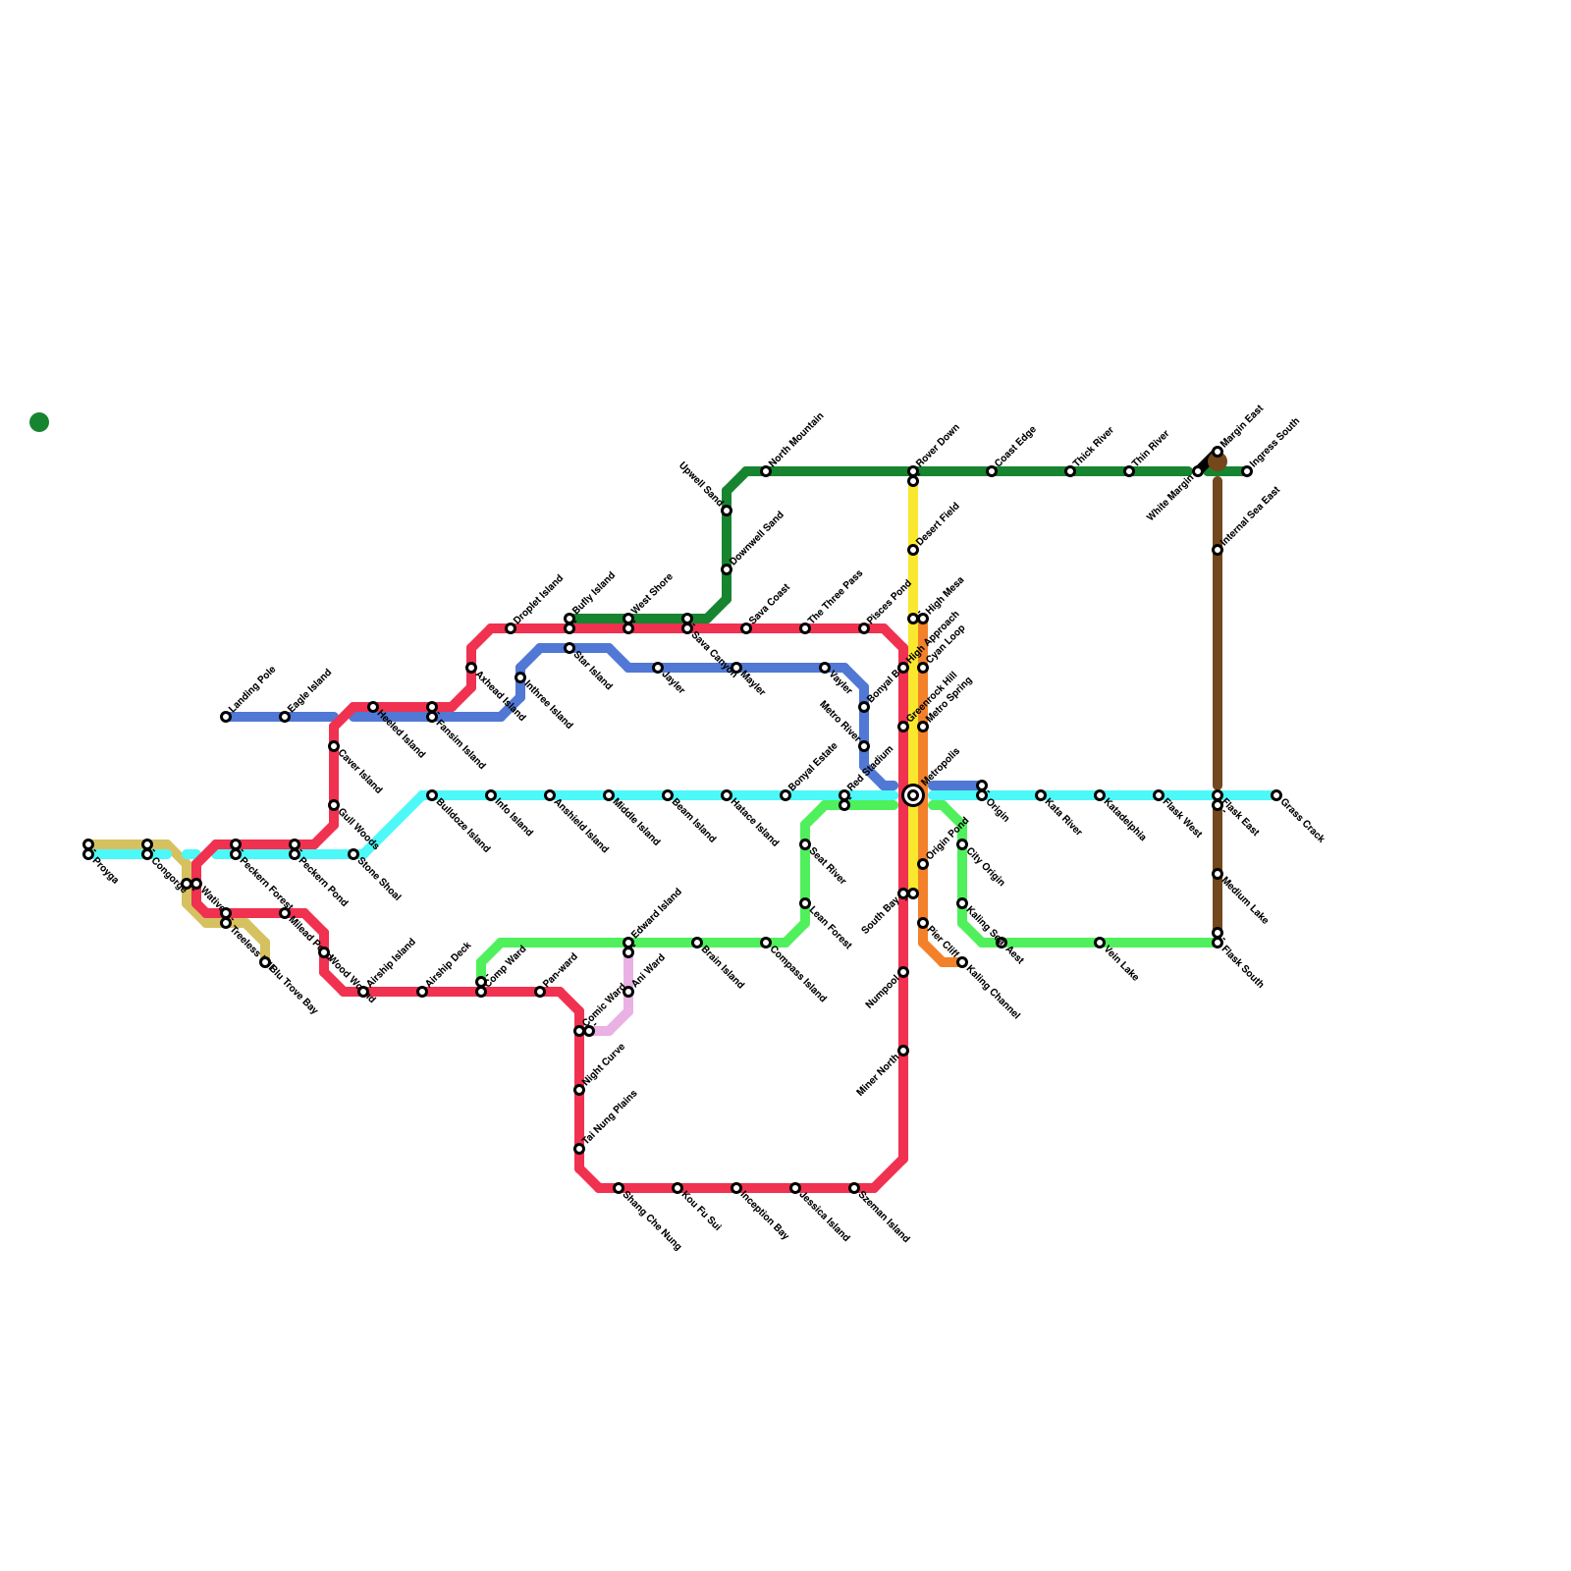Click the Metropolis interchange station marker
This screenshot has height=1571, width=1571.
pyautogui.click(x=913, y=795)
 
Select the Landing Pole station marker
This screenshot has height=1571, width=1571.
pyautogui.click(x=226, y=717)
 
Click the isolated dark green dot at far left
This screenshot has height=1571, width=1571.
pyautogui.click(x=39, y=422)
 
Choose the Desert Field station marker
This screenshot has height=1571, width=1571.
pyautogui.click(x=913, y=550)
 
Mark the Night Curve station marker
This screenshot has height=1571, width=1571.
pyautogui.click(x=579, y=1090)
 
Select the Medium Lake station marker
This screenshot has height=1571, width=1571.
pyautogui.click(x=1218, y=874)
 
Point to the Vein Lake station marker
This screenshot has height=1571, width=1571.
pyautogui.click(x=1100, y=943)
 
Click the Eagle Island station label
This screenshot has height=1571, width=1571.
pyautogui.click(x=310, y=691)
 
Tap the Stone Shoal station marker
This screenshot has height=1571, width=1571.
pyautogui.click(x=353, y=854)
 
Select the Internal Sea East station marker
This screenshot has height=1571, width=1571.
pyautogui.click(x=1218, y=550)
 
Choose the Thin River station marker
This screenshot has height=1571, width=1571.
pyautogui.click(x=1129, y=471)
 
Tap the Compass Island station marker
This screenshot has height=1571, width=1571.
pyautogui.click(x=766, y=943)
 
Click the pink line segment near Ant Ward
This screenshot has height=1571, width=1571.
pyautogui.click(x=628, y=972)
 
